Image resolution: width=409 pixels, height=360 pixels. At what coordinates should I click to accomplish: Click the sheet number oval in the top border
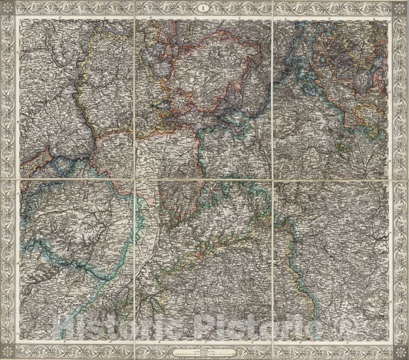click(204, 8)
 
